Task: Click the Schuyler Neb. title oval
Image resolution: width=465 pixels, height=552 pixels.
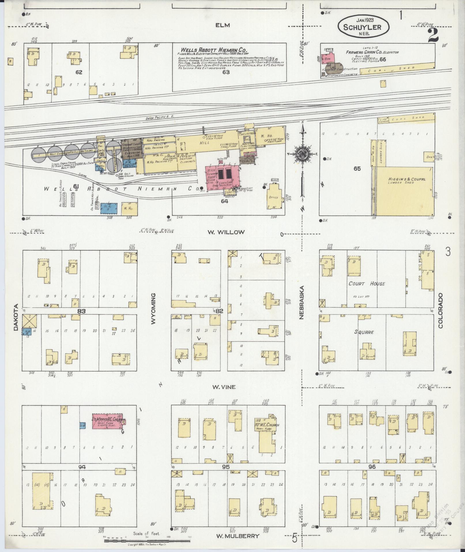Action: coord(364,27)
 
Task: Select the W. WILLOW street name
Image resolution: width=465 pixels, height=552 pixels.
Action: coord(230,232)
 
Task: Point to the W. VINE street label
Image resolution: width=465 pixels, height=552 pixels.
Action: coord(224,387)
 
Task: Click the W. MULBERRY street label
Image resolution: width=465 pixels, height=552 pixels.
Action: coord(238,536)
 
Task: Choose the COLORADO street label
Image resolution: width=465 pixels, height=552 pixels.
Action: coord(440,311)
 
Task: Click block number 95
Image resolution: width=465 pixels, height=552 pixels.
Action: coord(225,467)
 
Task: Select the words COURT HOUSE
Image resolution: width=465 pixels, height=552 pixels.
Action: coord(366,284)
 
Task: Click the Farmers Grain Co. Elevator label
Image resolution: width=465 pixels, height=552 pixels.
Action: coord(372,52)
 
